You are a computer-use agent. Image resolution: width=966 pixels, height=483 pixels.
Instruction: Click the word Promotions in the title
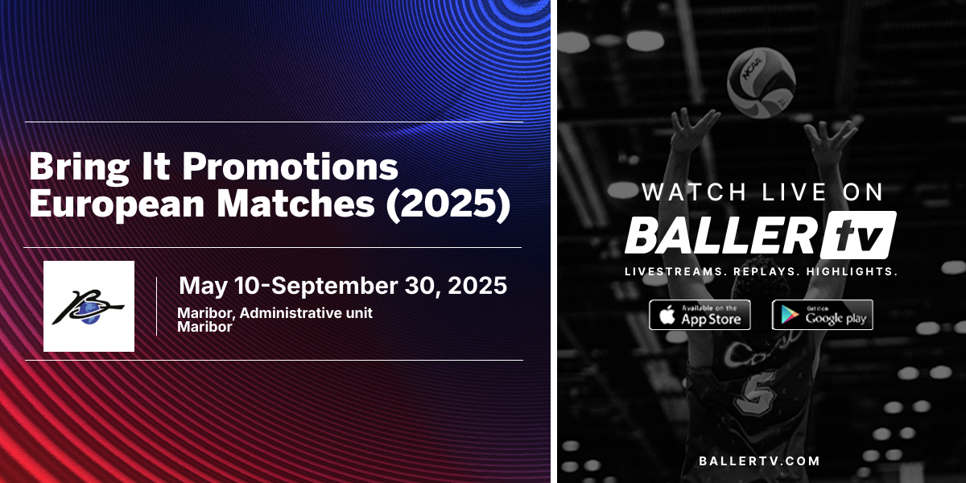[x=290, y=167]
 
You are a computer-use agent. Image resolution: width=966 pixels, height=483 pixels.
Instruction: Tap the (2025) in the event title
[x=448, y=204]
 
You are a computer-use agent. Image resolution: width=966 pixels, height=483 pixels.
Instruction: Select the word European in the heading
[x=117, y=204]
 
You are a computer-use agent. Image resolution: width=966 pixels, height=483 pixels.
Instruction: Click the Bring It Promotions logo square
[x=89, y=306]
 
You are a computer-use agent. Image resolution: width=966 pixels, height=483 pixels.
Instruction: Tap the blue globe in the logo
[x=89, y=313]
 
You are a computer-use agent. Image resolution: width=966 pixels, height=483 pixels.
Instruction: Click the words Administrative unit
[x=306, y=312]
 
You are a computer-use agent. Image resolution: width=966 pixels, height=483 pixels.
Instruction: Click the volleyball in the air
[x=762, y=83]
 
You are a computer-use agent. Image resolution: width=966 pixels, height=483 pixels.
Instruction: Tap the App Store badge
[x=700, y=315]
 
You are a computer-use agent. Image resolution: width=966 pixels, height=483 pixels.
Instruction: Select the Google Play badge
[x=823, y=315]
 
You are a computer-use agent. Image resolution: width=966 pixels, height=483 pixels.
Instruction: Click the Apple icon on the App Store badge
[x=667, y=315]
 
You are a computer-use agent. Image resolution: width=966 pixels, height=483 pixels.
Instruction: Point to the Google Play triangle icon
[x=789, y=316]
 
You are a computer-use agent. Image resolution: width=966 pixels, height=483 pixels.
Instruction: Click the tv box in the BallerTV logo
[x=858, y=235]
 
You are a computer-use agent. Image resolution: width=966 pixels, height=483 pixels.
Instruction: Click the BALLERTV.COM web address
[x=759, y=461]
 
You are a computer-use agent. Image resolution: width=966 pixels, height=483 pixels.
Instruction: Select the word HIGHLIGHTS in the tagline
[x=852, y=272]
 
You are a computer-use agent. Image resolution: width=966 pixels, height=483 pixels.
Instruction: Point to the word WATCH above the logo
[x=694, y=192]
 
